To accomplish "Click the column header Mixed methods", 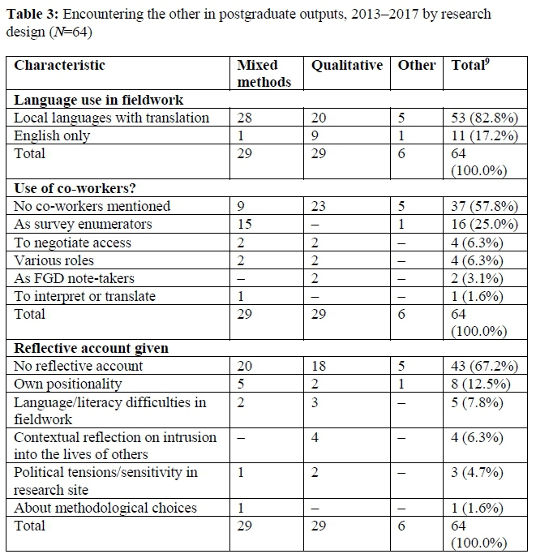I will tap(258, 73).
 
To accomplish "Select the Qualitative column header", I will tap(346, 65).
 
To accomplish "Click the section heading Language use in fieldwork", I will tap(99, 100).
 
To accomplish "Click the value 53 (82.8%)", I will tap(484, 118).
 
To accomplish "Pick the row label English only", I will tap(53, 135).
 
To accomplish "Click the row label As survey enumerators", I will tap(84, 225).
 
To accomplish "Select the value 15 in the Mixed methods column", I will tap(244, 225).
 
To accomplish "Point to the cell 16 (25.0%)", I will tap(484, 225).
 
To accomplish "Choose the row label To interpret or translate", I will tap(85, 296).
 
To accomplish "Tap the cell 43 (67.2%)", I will tap(484, 366).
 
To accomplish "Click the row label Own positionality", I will tap(67, 384).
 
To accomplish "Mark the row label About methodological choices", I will tap(105, 508).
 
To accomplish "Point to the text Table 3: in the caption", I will tap(33, 15).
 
